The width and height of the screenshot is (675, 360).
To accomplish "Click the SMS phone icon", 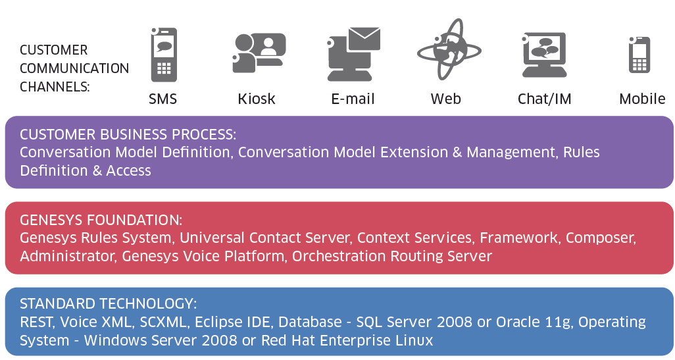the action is [164, 55].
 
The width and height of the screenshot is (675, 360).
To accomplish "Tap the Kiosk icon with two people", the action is [259, 53].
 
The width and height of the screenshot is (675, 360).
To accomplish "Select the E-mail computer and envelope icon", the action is [353, 54].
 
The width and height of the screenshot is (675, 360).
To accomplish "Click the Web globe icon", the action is [449, 49].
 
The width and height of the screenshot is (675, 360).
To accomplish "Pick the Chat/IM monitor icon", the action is [544, 55].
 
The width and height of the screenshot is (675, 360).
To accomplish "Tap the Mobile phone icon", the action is [639, 55].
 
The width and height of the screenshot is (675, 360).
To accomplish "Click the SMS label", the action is [162, 99].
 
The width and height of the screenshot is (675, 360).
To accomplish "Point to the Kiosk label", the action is [257, 99].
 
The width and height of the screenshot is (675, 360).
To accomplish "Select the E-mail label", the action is [353, 99].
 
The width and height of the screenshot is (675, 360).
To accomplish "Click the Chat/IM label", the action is [545, 99].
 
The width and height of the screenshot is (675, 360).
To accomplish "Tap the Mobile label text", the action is [642, 99].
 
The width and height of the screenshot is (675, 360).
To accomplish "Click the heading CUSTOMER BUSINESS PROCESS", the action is [128, 134].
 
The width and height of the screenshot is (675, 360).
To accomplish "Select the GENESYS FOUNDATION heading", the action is [101, 220].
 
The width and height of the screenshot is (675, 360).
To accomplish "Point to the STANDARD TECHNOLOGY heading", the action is [109, 303].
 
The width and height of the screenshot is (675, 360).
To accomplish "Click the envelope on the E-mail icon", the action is [364, 38].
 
